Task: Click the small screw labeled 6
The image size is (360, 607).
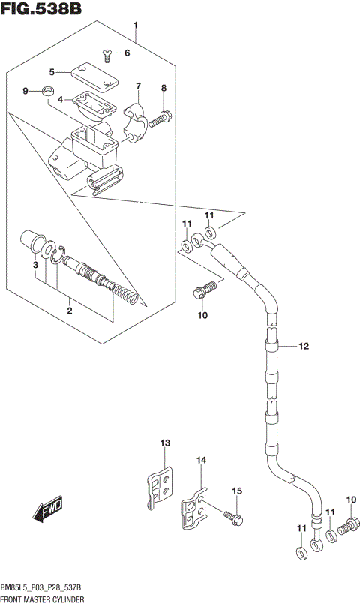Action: [107, 53]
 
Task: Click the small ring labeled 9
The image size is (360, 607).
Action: [49, 92]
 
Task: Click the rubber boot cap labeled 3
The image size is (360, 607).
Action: [33, 242]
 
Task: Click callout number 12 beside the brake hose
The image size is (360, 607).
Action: [303, 347]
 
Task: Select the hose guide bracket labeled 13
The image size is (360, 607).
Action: [160, 489]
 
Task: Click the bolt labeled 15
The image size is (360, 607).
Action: [232, 515]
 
